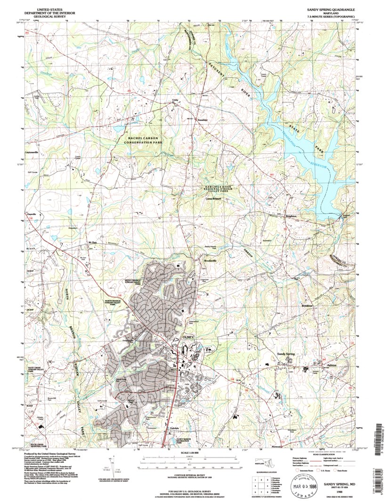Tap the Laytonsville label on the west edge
point(32,152)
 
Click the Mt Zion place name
point(92,242)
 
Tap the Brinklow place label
point(307,306)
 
